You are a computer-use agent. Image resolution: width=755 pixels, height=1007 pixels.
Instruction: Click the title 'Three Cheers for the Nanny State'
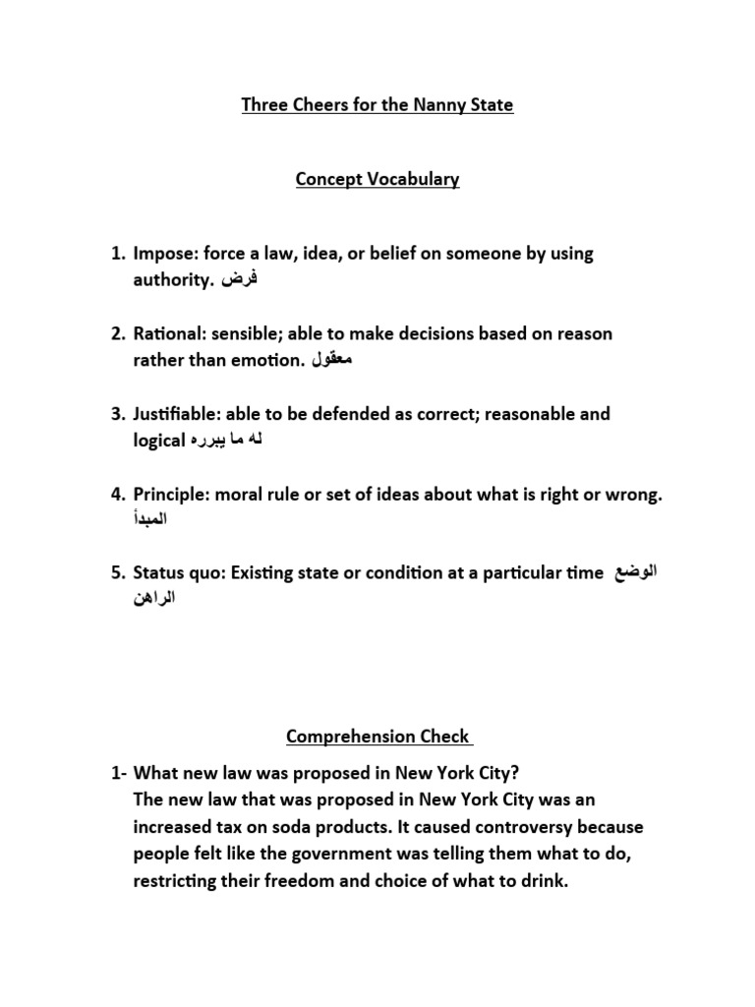click(x=377, y=104)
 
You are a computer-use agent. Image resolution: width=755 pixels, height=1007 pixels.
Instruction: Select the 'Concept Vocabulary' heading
click(x=377, y=180)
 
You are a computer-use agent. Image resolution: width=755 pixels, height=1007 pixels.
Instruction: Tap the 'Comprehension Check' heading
click(x=377, y=737)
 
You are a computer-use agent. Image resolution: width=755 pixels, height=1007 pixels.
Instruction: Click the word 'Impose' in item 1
click(x=163, y=254)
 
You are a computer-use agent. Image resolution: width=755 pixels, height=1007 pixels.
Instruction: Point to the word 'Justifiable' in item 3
click(x=177, y=414)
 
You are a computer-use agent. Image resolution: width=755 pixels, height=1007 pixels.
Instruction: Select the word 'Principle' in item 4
click(x=171, y=494)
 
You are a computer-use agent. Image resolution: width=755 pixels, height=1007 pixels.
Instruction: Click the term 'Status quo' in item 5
click(x=178, y=574)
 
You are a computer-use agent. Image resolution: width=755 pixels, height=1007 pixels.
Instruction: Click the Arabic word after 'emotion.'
click(x=331, y=361)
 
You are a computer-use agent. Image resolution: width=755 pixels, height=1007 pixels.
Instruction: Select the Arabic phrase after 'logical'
click(x=226, y=442)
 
